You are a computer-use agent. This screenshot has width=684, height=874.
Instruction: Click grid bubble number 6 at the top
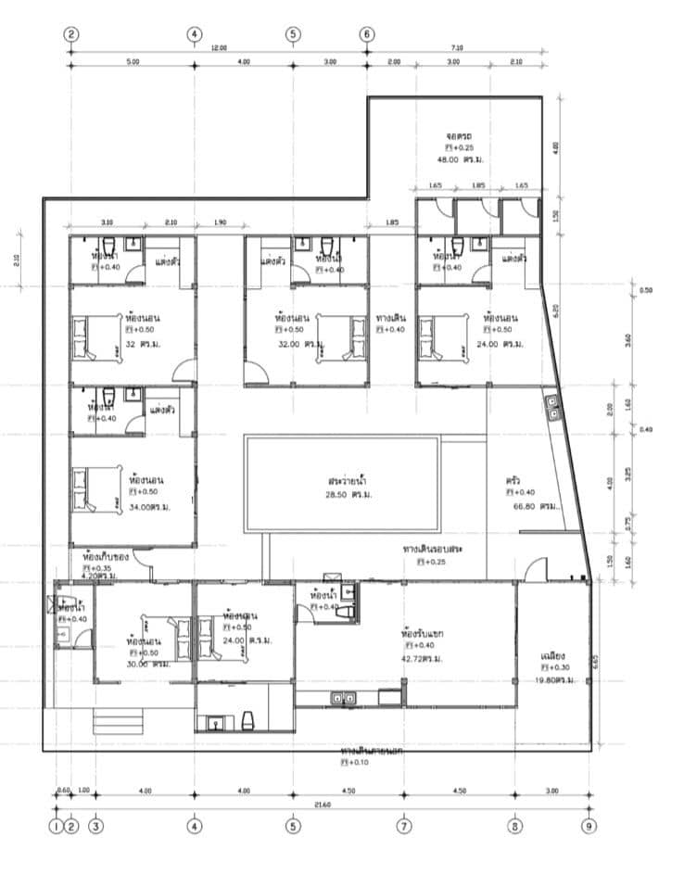pos(367,34)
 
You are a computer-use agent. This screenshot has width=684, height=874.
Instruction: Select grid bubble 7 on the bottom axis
pos(404,826)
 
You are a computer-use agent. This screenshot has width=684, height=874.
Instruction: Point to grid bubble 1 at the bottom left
pos(56,826)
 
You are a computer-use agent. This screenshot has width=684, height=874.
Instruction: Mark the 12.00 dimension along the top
pos(219,46)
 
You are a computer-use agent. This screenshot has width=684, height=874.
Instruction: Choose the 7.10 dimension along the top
pos(455,46)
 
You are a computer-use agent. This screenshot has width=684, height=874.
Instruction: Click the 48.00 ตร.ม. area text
pos(462,159)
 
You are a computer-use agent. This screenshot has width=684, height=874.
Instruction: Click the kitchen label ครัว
pos(513,480)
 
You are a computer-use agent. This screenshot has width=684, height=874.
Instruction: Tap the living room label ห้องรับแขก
pos(423,633)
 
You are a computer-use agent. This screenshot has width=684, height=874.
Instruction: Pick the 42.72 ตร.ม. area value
pos(421,658)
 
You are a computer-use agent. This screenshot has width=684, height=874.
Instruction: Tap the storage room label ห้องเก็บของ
pos(104,556)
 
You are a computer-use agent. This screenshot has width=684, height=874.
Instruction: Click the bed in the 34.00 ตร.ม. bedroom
pos(98,488)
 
